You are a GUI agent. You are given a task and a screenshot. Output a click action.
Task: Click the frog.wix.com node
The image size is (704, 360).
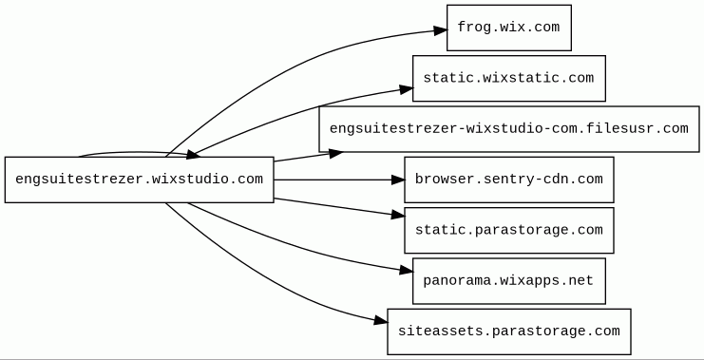click(509, 28)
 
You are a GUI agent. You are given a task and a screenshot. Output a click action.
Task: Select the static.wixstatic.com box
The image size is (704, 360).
click(509, 79)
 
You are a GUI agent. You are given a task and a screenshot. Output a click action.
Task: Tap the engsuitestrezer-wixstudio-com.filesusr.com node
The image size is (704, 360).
click(509, 129)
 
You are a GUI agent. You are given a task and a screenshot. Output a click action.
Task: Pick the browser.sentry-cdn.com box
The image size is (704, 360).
click(509, 180)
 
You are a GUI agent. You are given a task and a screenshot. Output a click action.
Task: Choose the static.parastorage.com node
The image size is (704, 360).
click(509, 230)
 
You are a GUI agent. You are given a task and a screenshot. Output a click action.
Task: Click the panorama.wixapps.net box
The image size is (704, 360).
click(509, 281)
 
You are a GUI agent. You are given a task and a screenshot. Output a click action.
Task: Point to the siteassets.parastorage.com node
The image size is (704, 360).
click(509, 332)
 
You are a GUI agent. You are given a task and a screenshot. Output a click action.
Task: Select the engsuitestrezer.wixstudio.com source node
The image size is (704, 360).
click(139, 180)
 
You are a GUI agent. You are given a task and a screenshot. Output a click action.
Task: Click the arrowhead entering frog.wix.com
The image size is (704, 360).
click(441, 30)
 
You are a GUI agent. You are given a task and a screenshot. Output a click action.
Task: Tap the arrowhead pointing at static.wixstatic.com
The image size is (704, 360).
click(407, 89)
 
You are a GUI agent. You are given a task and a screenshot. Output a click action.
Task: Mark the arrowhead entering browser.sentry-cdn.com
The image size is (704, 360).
click(398, 180)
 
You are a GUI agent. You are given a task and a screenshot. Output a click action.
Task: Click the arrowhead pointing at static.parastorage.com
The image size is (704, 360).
click(398, 215)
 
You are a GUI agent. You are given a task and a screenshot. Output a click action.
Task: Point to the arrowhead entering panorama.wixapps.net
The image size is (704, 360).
click(407, 270)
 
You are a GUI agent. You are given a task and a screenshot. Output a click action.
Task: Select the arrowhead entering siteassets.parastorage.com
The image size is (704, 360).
click(381, 320)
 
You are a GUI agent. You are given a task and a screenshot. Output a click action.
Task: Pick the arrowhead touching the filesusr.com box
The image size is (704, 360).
click(335, 154)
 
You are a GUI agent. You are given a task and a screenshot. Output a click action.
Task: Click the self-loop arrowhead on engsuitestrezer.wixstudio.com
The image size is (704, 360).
click(193, 155)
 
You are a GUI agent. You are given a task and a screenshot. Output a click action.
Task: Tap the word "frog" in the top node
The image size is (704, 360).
click(468, 28)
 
